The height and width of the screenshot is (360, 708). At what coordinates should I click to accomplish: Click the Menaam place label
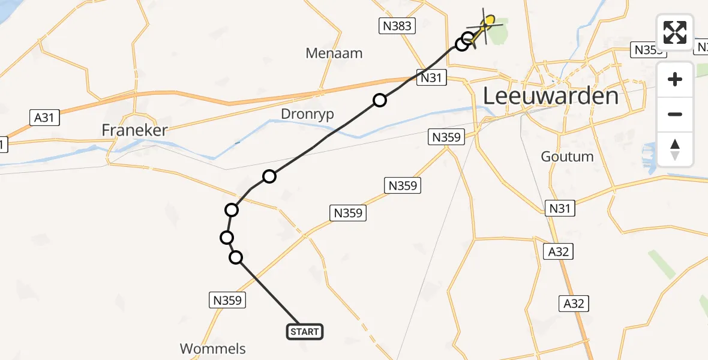tap(334, 53)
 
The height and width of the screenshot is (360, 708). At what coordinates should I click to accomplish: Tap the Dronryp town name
tap(307, 114)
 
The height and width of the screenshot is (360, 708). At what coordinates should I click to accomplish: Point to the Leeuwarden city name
tap(550, 96)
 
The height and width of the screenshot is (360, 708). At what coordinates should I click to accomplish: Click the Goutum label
tap(567, 157)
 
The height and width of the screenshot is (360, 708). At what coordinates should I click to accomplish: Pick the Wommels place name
tap(213, 349)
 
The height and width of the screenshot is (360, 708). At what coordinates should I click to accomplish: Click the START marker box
tap(305, 331)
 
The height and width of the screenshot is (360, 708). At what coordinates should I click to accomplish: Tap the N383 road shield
tap(396, 25)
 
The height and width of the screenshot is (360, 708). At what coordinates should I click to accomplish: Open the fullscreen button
tap(675, 32)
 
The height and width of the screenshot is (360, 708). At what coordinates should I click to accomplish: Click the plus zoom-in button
tap(675, 79)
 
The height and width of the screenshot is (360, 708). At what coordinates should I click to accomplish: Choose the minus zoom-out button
tap(675, 114)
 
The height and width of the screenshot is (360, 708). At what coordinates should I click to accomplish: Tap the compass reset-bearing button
tap(675, 149)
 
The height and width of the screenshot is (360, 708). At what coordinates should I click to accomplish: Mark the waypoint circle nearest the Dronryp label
tap(379, 100)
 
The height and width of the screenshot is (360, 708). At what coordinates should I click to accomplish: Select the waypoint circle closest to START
tap(236, 257)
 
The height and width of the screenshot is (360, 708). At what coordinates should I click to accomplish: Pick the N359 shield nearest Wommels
tap(227, 300)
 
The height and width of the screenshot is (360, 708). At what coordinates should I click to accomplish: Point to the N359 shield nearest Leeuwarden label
tap(446, 137)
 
